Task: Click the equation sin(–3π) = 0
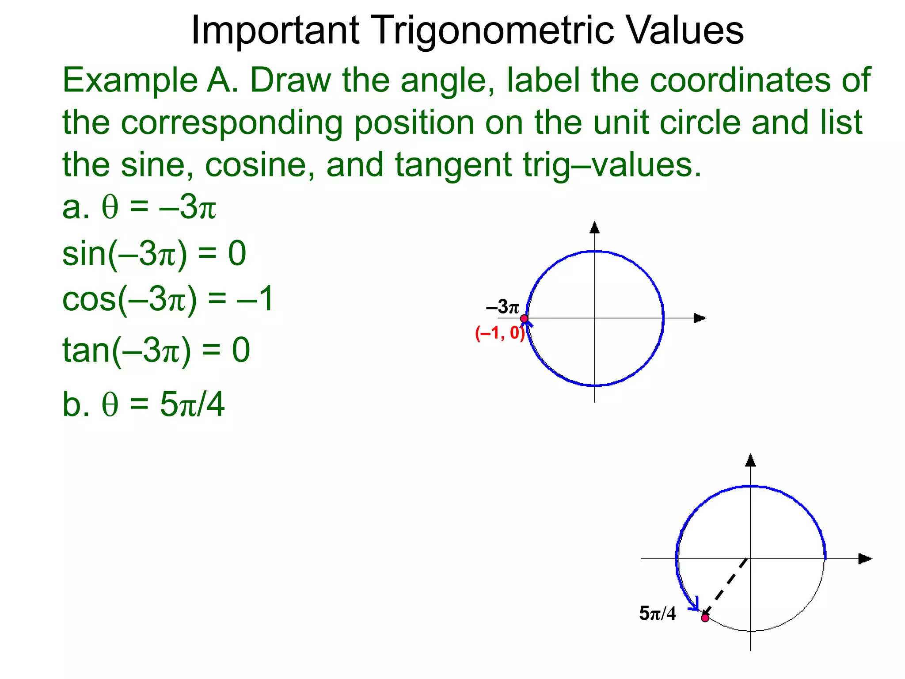[154, 254]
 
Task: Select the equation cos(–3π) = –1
[168, 299]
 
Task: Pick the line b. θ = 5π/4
[144, 404]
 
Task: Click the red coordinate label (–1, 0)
[500, 333]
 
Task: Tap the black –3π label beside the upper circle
[502, 307]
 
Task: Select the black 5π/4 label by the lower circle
[657, 614]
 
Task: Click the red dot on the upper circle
[524, 318]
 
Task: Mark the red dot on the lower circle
[705, 618]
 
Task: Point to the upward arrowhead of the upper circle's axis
[595, 227]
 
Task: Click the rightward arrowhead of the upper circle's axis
[700, 318]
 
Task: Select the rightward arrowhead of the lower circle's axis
[865, 559]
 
